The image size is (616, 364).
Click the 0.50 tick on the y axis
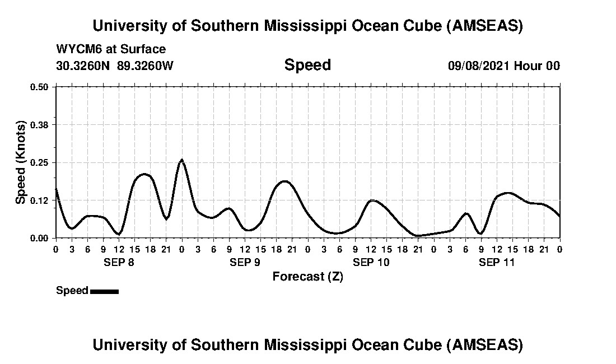[40, 87]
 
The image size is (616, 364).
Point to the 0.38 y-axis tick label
[40, 124]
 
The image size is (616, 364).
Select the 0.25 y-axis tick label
[40, 162]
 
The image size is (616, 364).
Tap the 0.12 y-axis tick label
[40, 200]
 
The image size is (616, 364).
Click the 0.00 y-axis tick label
[40, 238]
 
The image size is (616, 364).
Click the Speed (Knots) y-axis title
[21, 162]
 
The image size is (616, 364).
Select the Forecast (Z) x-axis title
[307, 277]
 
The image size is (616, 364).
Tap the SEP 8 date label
[118, 263]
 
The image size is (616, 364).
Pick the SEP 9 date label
[244, 263]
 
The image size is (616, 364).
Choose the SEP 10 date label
[371, 263]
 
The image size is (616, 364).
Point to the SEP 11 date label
[497, 263]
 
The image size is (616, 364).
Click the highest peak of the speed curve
[181, 160]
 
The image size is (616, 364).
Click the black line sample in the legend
[104, 291]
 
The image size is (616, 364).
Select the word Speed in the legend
[72, 291]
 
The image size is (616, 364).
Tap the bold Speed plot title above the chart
[307, 65]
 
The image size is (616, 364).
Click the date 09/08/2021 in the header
[479, 66]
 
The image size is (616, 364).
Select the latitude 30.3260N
[83, 66]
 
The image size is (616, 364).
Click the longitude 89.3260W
[146, 66]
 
